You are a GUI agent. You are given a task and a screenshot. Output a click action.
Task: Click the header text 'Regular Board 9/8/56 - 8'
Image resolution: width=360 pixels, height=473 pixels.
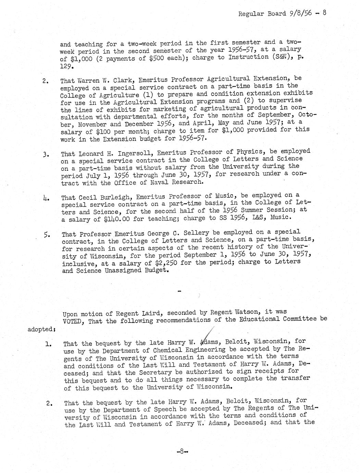pyautogui.click(x=282, y=13)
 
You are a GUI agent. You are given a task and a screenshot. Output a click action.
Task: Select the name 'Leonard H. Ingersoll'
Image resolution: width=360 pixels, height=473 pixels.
pyautogui.click(x=112, y=154)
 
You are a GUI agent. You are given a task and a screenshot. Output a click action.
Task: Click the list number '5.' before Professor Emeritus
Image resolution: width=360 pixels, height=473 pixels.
pyautogui.click(x=47, y=235)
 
